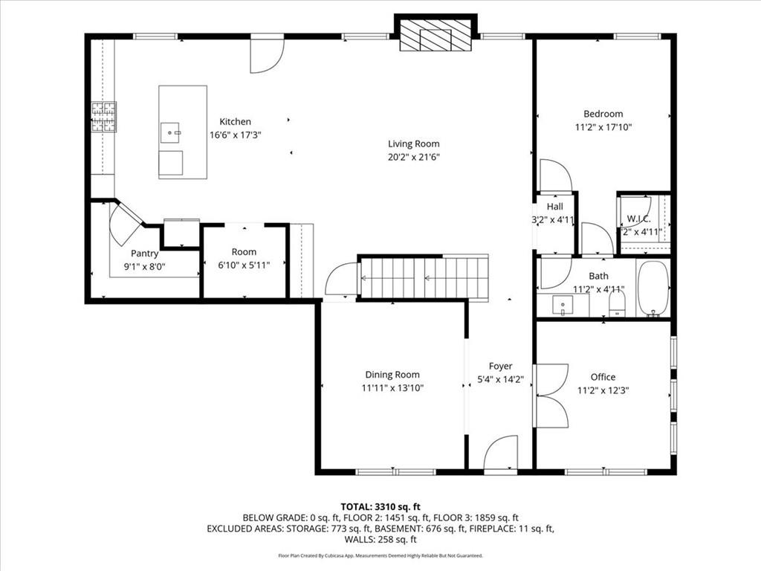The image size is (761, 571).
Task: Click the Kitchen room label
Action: click(x=235, y=122)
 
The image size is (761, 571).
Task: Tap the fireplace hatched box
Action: click(x=435, y=35)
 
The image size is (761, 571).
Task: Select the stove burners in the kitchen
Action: click(x=103, y=117)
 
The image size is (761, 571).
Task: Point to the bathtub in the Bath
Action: click(x=653, y=288)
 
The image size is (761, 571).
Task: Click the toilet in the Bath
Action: click(x=616, y=301)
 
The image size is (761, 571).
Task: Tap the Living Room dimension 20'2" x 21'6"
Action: click(x=413, y=158)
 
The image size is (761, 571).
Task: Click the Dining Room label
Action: click(x=392, y=375)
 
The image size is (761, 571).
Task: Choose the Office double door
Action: click(x=550, y=396)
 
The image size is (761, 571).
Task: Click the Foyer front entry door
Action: click(x=500, y=454)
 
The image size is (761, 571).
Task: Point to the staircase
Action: click(x=424, y=278)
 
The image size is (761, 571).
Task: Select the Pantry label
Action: click(x=144, y=254)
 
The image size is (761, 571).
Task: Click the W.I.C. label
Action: click(x=639, y=218)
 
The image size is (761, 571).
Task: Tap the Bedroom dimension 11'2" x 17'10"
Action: click(x=603, y=127)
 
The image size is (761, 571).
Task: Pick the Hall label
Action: click(x=554, y=207)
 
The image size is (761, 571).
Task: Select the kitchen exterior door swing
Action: click(x=265, y=56)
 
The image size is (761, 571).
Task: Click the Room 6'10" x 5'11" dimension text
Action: click(x=244, y=265)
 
